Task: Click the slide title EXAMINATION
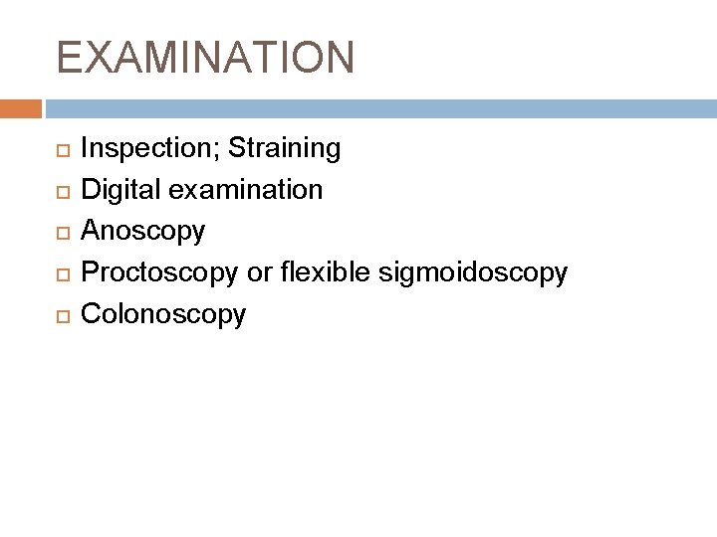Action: tap(205, 58)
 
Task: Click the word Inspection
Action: tap(149, 149)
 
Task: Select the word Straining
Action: tap(285, 149)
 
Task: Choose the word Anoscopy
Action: tap(143, 231)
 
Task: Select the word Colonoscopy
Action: tap(162, 314)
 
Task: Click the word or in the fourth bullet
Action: tap(259, 272)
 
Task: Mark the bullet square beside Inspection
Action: tap(62, 150)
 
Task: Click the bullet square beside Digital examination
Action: tap(62, 191)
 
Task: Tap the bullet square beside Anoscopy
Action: tap(62, 233)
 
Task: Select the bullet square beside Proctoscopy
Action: tap(62, 274)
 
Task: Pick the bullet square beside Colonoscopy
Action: tap(62, 316)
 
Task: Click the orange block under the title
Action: tap(21, 106)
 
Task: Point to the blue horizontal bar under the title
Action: tap(378, 106)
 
